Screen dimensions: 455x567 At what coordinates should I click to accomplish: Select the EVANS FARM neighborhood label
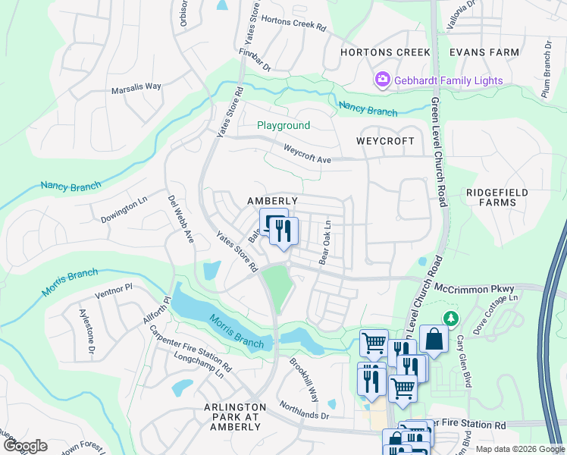pos(484,52)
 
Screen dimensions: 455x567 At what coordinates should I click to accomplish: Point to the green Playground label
pos(283,125)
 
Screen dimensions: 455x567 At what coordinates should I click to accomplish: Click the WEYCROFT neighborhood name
pos(386,142)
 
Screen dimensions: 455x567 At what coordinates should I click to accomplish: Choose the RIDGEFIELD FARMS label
pos(497,197)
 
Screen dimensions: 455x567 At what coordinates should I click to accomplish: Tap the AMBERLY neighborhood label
pos(272,200)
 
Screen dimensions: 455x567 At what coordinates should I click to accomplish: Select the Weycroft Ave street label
pos(307,154)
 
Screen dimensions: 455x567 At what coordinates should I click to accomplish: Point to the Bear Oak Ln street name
pos(325,242)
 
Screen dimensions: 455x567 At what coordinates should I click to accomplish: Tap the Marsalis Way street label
pos(136,86)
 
